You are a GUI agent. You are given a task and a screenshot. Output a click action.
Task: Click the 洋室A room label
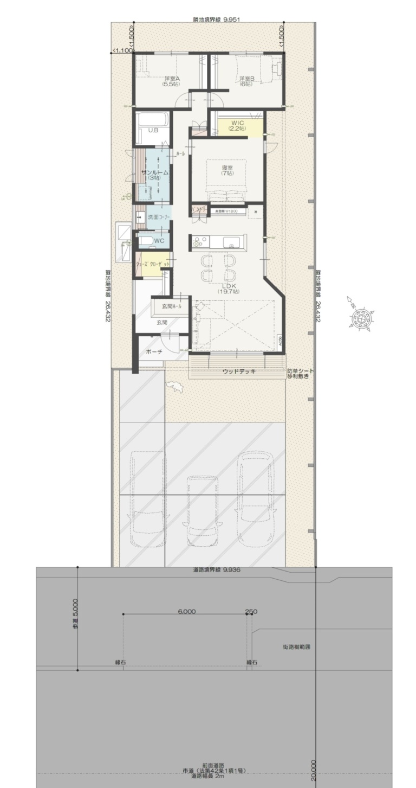pos(172,81)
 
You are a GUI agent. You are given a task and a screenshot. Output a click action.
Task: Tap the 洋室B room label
pos(246,81)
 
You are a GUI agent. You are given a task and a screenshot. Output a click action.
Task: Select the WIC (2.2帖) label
pos(237,125)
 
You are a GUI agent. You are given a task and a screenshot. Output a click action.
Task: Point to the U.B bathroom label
pos(153,130)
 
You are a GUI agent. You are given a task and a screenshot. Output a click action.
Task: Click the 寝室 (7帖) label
pos(227,170)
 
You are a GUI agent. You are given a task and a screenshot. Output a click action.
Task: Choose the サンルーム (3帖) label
pos(155,175)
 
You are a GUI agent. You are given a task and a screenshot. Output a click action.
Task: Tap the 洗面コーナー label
pos(159,217)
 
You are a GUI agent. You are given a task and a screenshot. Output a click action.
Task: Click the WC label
pos(159,240)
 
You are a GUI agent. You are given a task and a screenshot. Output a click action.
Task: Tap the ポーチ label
pos(154,351)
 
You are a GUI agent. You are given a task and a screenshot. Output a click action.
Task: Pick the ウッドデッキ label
pos(239,371)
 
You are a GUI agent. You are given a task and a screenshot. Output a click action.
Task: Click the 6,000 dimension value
pos(186,612)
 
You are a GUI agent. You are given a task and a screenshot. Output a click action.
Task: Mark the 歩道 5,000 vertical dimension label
pos(75,613)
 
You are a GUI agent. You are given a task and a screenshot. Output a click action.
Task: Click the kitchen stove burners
pos(196,241)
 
